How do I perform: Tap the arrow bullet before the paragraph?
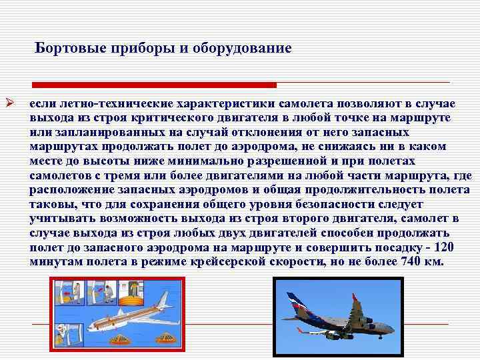pyautogui.click(x=9, y=104)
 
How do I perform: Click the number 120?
pyautogui.click(x=442, y=247)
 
